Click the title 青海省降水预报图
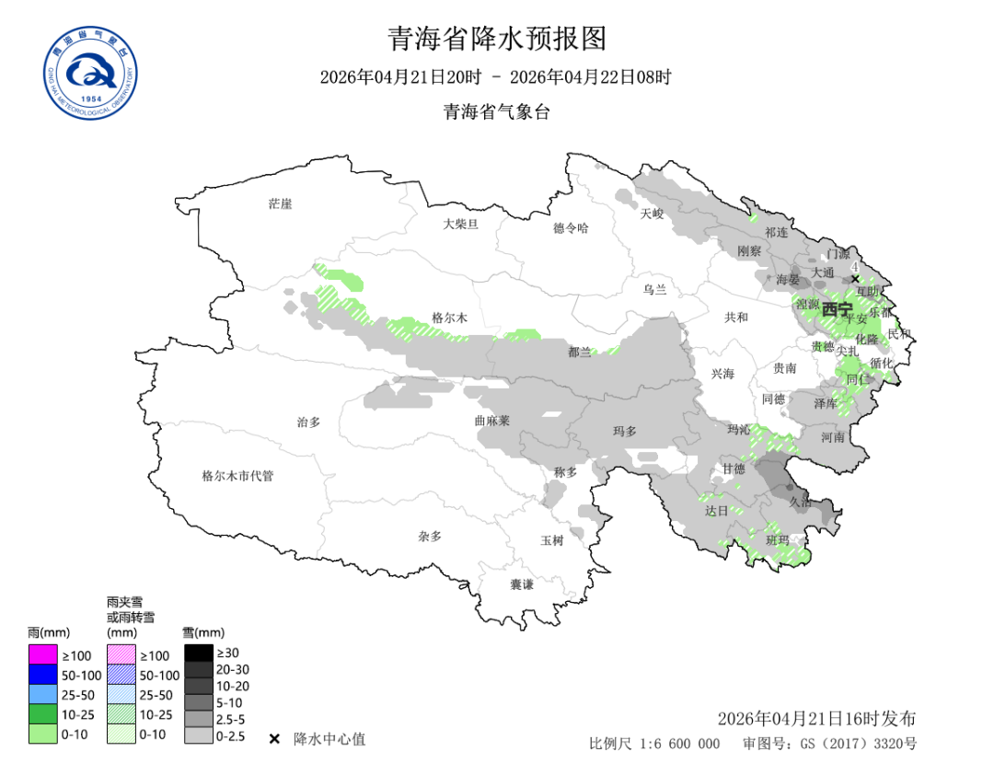coord(497,38)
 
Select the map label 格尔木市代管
coord(237,476)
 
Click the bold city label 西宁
coord(837,309)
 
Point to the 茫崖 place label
coord(280,203)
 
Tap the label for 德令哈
coord(570,227)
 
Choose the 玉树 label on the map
coord(551,540)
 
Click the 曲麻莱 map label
coord(491,420)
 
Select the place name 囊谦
coord(522,584)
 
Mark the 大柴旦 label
coord(460,223)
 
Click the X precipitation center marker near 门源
coord(855,279)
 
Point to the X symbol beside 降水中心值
coord(274,739)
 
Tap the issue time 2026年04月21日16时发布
coord(816,719)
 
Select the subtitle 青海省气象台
coord(497,112)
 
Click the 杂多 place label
coord(430,536)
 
